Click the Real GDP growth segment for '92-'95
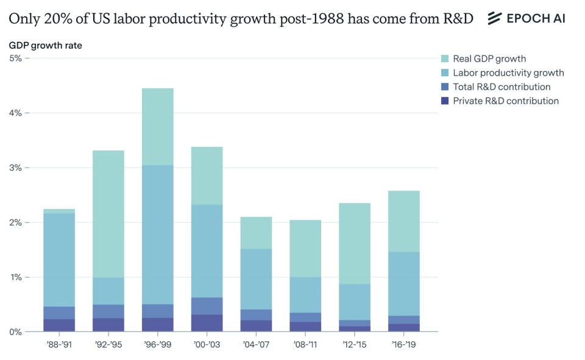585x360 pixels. pos(108,214)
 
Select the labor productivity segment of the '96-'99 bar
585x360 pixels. pos(158,235)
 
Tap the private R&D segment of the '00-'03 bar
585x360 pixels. pos(207,323)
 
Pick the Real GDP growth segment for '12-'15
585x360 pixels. pos(355,244)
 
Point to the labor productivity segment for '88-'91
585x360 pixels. pos(59,259)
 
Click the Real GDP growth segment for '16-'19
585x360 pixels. pos(404,221)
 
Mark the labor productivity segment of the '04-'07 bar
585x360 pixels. pos(256,279)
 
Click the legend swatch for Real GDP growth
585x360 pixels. pos(445,59)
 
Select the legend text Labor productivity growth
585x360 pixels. pos(508,73)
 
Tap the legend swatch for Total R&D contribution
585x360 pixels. pos(445,87)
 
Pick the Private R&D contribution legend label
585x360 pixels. pos(505,101)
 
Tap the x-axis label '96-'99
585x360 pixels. pos(158,344)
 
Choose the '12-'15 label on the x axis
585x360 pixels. pos(355,344)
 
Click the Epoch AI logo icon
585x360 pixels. pos(494,18)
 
